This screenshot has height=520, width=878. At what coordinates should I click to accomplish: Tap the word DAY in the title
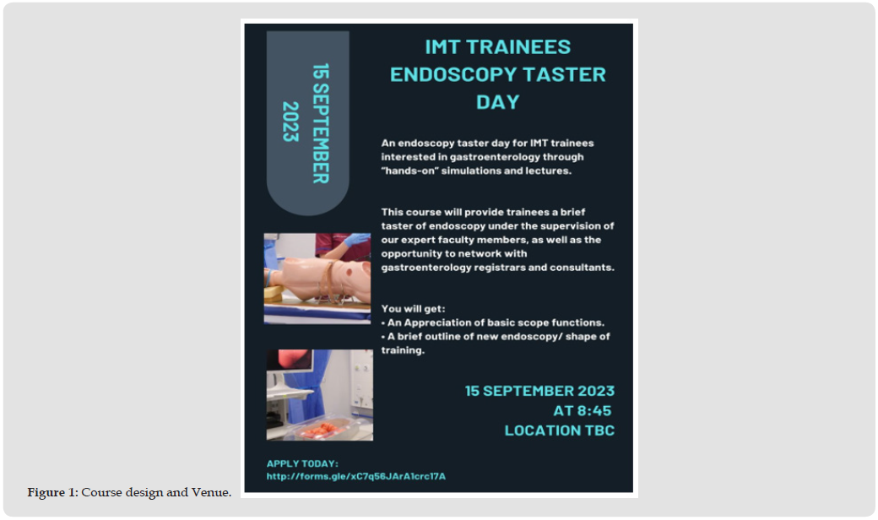498,102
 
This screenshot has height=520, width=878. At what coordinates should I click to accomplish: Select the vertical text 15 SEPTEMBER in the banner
321,123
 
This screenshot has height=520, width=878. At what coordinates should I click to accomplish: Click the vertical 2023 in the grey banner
290,122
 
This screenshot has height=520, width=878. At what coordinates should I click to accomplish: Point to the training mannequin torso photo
317,279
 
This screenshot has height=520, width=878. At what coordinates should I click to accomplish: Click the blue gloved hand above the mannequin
355,241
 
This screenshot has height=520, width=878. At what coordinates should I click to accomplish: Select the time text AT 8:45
583,411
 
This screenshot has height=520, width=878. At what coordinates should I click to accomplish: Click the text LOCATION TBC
560,431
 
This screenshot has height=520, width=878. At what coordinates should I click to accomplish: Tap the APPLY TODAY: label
302,463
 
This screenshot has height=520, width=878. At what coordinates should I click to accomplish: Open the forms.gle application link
356,476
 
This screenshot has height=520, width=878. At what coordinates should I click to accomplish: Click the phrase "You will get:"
413,308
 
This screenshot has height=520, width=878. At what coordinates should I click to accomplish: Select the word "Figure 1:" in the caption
52,493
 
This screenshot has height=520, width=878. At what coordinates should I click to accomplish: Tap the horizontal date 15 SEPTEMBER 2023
539,391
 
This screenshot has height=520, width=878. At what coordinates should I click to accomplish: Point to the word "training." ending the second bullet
403,350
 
